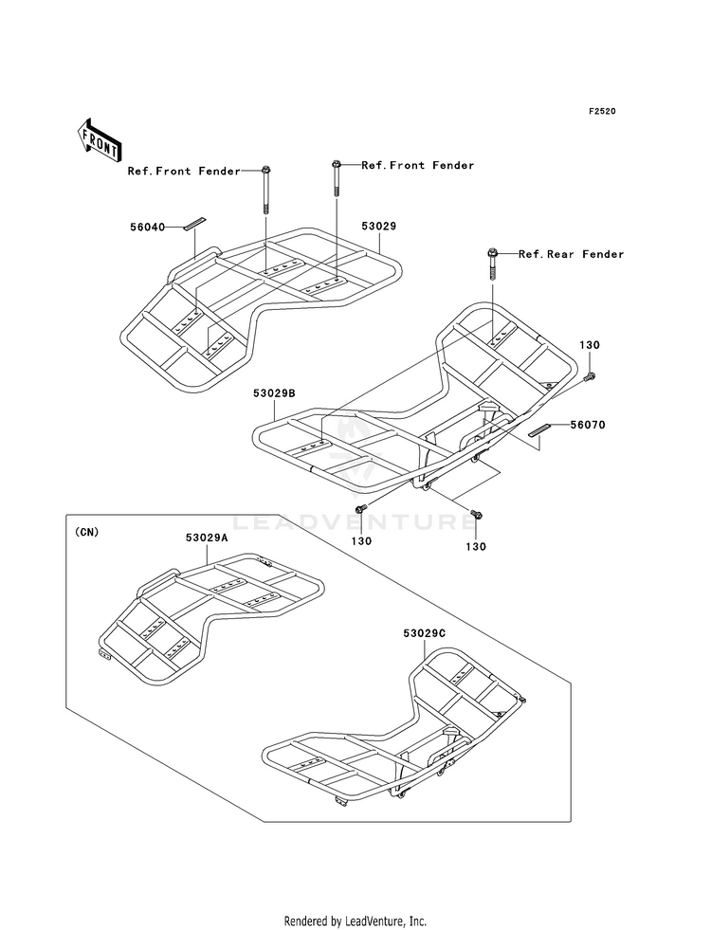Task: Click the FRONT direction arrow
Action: coord(99,140)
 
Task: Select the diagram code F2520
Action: coord(602,111)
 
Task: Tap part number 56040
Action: coord(148,227)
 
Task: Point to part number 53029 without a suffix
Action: coord(379,226)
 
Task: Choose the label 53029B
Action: coord(275,392)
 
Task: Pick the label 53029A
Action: coord(207,538)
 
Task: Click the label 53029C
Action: coord(425,633)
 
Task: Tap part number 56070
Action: coord(589,425)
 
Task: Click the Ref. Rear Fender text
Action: coord(571,254)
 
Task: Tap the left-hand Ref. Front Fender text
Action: coord(184,171)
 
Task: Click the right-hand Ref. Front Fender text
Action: coord(418,165)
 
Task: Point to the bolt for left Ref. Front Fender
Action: coord(265,189)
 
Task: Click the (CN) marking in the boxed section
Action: coord(86,532)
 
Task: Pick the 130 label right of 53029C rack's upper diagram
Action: coord(590,345)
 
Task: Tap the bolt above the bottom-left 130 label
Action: coord(360,509)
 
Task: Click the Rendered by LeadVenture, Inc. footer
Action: coord(355,921)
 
